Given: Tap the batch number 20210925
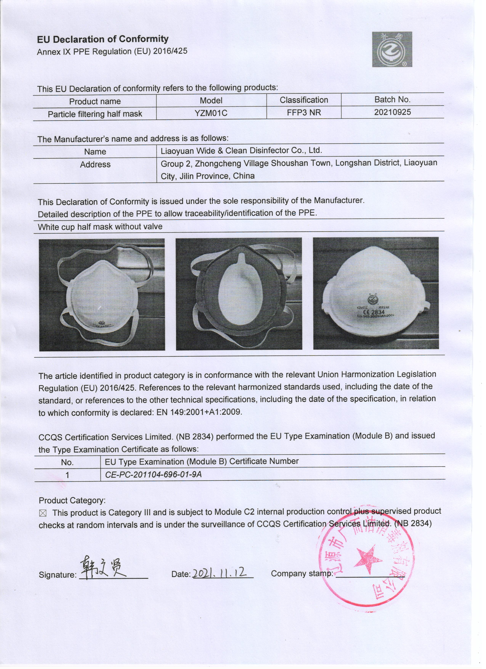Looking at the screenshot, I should [392, 112].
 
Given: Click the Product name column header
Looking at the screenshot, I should [95, 101].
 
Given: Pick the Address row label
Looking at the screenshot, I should [95, 165].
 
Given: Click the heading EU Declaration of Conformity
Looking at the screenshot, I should [103, 39].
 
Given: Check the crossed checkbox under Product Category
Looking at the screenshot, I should [43, 513].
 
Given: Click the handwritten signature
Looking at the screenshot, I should [103, 567].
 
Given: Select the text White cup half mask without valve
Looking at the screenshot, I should [100, 227].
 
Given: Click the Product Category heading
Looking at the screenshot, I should [72, 501].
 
